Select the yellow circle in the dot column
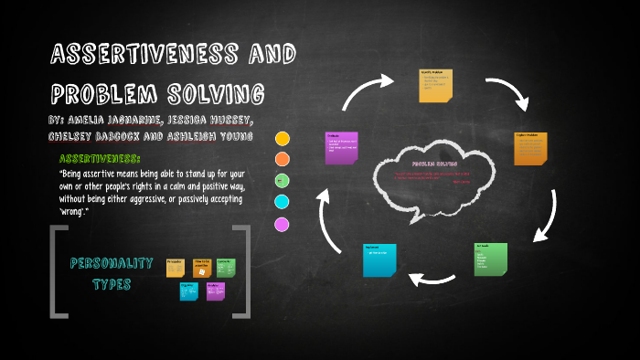click(283, 139)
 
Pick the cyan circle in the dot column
click(282, 202)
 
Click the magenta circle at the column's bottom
click(282, 224)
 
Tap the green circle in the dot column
click(282, 180)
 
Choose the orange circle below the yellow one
click(283, 159)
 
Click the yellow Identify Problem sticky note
click(435, 85)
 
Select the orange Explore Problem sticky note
click(530, 148)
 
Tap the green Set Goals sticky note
click(491, 259)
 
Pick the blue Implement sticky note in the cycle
click(379, 259)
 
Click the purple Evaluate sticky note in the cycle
click(342, 148)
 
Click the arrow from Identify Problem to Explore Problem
click(507, 92)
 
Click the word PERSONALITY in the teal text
click(112, 263)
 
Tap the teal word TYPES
click(112, 284)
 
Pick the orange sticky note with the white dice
click(202, 267)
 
